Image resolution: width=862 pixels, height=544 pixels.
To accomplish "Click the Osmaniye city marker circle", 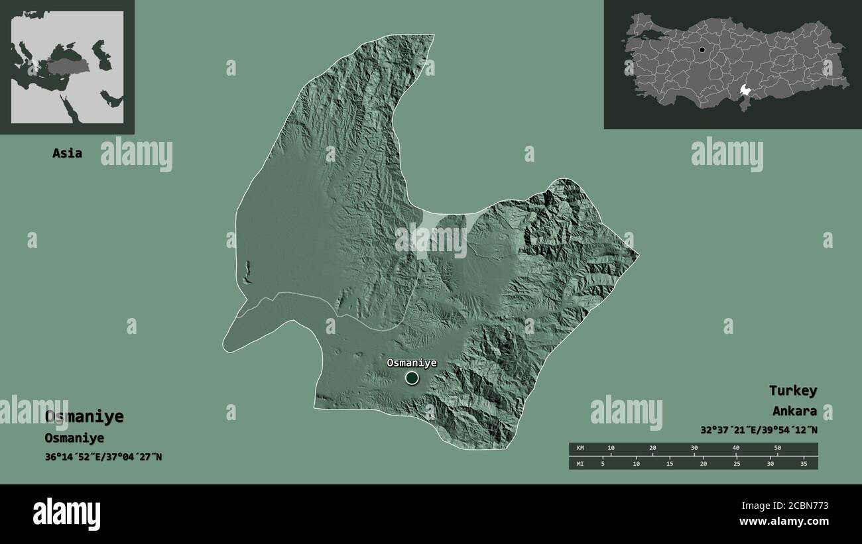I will point(412,378).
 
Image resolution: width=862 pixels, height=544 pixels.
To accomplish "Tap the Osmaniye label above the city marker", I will point(412,363).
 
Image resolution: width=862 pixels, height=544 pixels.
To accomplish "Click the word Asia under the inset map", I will point(68,153).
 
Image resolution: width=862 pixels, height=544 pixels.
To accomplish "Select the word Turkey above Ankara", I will point(793,390).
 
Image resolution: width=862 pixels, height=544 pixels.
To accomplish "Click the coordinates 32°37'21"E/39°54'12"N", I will point(759,430).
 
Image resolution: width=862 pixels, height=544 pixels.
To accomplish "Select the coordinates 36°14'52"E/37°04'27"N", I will point(103,457).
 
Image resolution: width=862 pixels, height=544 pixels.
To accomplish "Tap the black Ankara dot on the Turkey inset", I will point(702,50).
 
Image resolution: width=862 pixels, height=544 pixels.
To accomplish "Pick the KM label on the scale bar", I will point(580,448).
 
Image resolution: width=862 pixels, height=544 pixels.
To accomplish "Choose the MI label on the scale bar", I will point(580,463).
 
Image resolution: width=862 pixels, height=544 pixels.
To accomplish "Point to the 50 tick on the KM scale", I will point(777,448).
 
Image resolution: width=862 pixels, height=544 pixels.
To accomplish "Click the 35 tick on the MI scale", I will point(803,463).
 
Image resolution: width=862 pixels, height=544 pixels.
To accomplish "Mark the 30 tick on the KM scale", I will point(694,448).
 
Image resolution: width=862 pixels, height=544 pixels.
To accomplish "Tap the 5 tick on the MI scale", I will point(603,463).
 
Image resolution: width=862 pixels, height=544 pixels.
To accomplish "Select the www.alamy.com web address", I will point(784,521).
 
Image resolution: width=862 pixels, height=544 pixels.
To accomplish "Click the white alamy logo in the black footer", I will point(66,514).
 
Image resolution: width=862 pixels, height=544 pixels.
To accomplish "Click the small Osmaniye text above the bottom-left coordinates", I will point(74,438).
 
